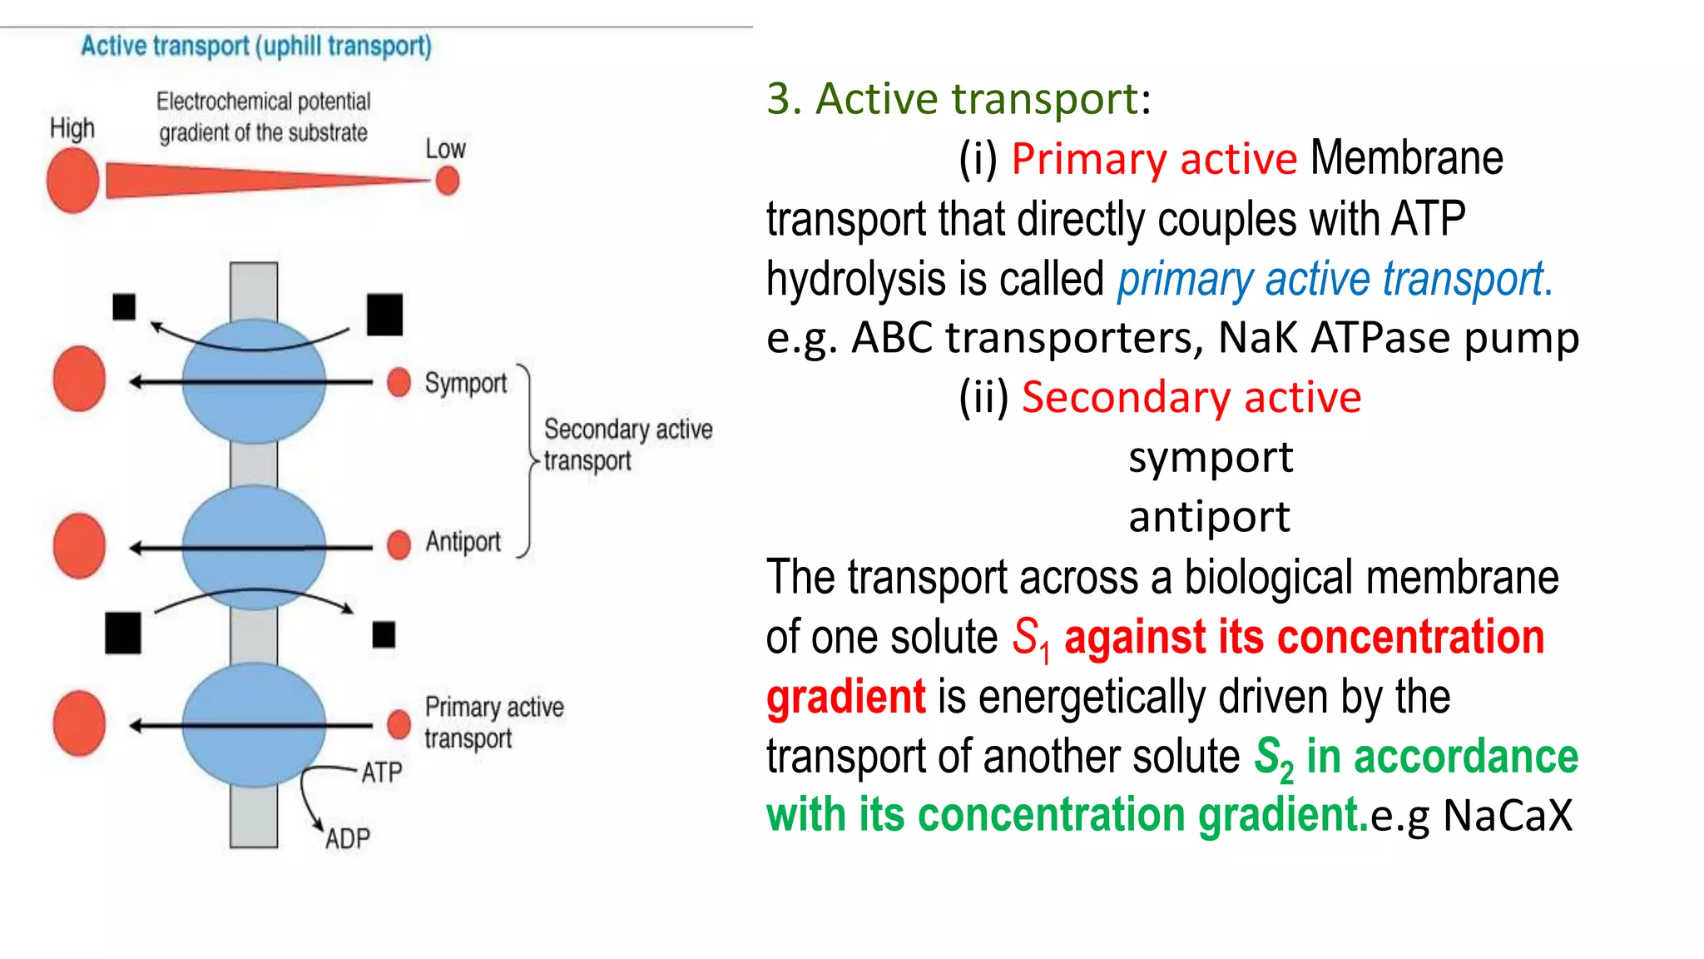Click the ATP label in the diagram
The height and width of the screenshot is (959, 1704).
[381, 773]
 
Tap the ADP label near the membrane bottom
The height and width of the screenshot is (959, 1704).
[348, 838]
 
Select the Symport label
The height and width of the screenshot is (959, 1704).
[465, 383]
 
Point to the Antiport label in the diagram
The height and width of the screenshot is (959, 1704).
[463, 542]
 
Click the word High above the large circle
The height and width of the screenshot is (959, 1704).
[72, 128]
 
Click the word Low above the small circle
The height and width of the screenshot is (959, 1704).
[445, 149]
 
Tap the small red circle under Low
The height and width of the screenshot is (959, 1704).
[448, 181]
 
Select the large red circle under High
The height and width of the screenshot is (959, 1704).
[73, 181]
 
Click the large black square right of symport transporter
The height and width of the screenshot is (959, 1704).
[384, 315]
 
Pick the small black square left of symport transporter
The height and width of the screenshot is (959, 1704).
[124, 306]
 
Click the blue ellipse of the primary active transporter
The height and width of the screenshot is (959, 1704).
[254, 725]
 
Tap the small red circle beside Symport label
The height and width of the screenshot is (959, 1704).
[399, 382]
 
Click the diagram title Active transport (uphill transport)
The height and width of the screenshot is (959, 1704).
[256, 46]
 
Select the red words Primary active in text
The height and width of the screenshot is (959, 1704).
[1153, 159]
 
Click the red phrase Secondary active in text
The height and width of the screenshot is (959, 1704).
[1191, 397]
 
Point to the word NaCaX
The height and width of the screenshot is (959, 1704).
[1508, 815]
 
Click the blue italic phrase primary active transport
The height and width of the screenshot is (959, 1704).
[1334, 279]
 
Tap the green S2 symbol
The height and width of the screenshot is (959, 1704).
[1273, 758]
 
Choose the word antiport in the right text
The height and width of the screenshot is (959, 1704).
[1208, 517]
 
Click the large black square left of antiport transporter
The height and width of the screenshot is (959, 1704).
[123, 633]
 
